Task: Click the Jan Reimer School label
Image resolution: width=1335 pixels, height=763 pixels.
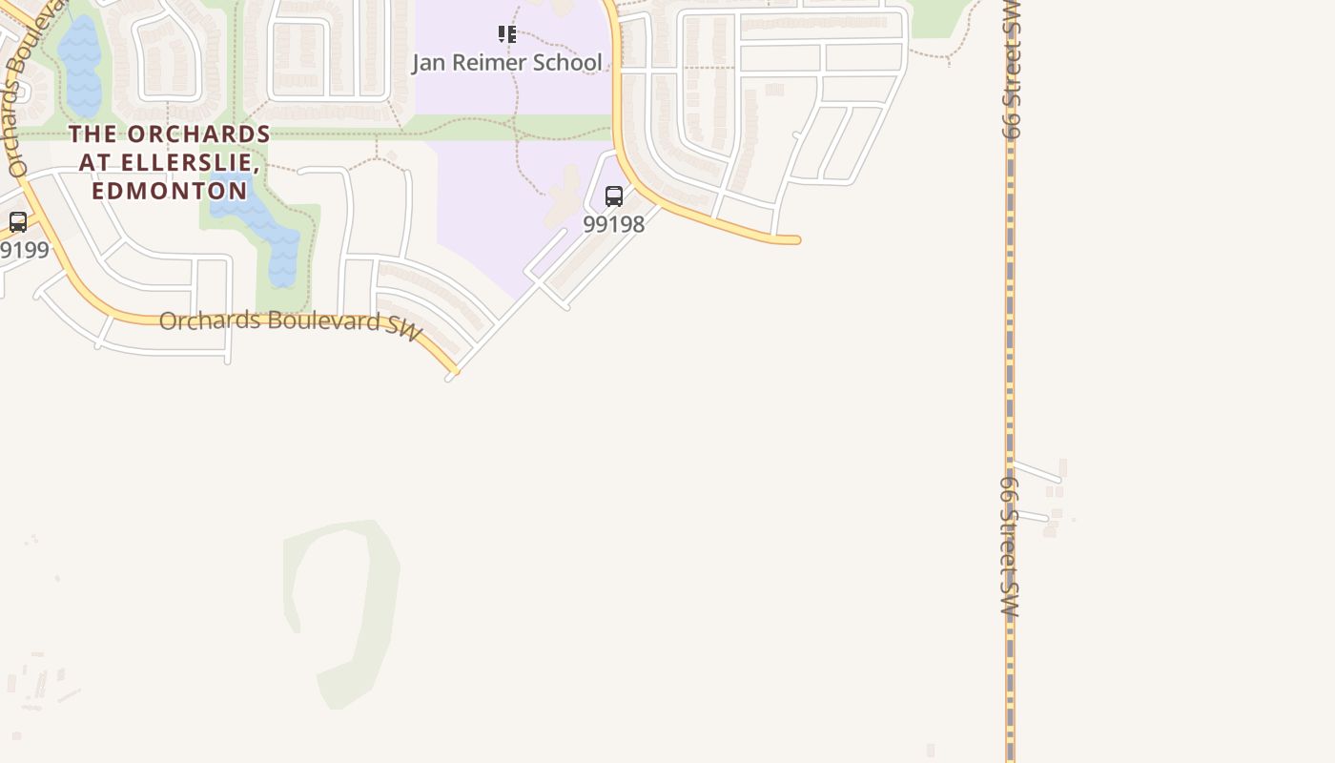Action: tap(506, 63)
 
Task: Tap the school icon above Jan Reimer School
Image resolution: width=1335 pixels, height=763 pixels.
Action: tap(506, 35)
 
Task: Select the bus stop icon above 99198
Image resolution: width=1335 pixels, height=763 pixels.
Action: tap(614, 196)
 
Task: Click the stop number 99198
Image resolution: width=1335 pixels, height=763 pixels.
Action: tap(613, 224)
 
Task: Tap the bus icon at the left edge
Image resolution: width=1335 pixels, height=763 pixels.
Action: tap(18, 222)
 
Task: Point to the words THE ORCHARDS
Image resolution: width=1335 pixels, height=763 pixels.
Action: tap(170, 134)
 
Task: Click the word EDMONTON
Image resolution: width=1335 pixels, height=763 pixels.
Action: tap(170, 191)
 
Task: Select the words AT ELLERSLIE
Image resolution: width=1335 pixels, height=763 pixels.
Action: tap(170, 163)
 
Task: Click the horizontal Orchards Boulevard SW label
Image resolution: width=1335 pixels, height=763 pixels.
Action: tap(290, 322)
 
